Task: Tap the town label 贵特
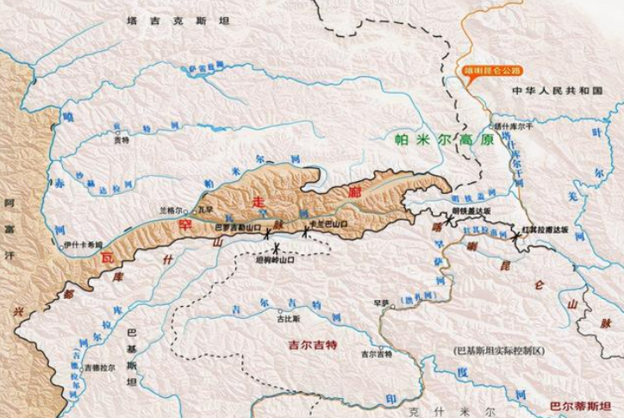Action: pyautogui.click(x=122, y=140)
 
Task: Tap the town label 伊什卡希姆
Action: pyautogui.click(x=84, y=244)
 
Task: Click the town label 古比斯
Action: pyautogui.click(x=287, y=317)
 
